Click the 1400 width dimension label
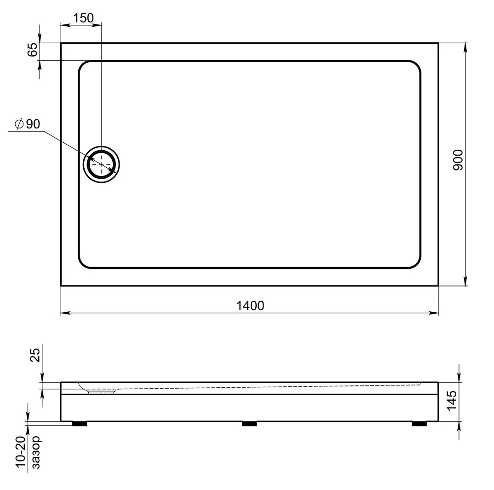coord(250,306)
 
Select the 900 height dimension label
coord(458,160)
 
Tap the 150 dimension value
coord(84,18)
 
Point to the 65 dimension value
coord(33,50)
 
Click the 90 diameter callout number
coord(33,124)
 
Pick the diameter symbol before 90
coord(19,124)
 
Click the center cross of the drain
coord(101,164)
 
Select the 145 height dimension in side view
coord(452,400)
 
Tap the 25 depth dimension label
coord(35,355)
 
